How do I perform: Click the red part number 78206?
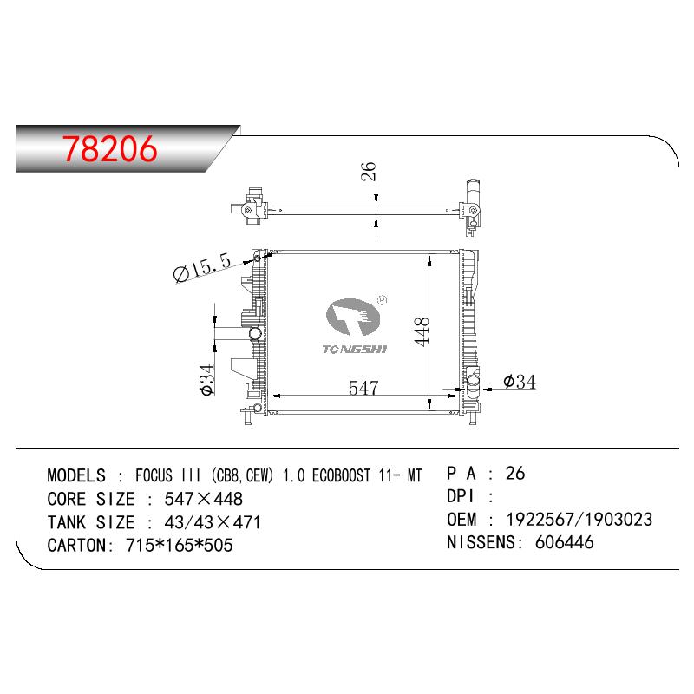click(x=110, y=148)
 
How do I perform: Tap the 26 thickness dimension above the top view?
click(x=368, y=171)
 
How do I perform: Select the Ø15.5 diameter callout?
click(x=202, y=267)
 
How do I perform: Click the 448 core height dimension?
click(x=422, y=331)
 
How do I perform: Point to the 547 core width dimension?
click(x=363, y=388)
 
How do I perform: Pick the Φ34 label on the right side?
click(x=519, y=382)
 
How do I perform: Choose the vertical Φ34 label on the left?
click(x=207, y=379)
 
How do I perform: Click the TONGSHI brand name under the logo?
click(x=354, y=350)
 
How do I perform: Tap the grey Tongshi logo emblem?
click(x=353, y=317)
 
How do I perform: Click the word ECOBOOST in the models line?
click(x=341, y=475)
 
